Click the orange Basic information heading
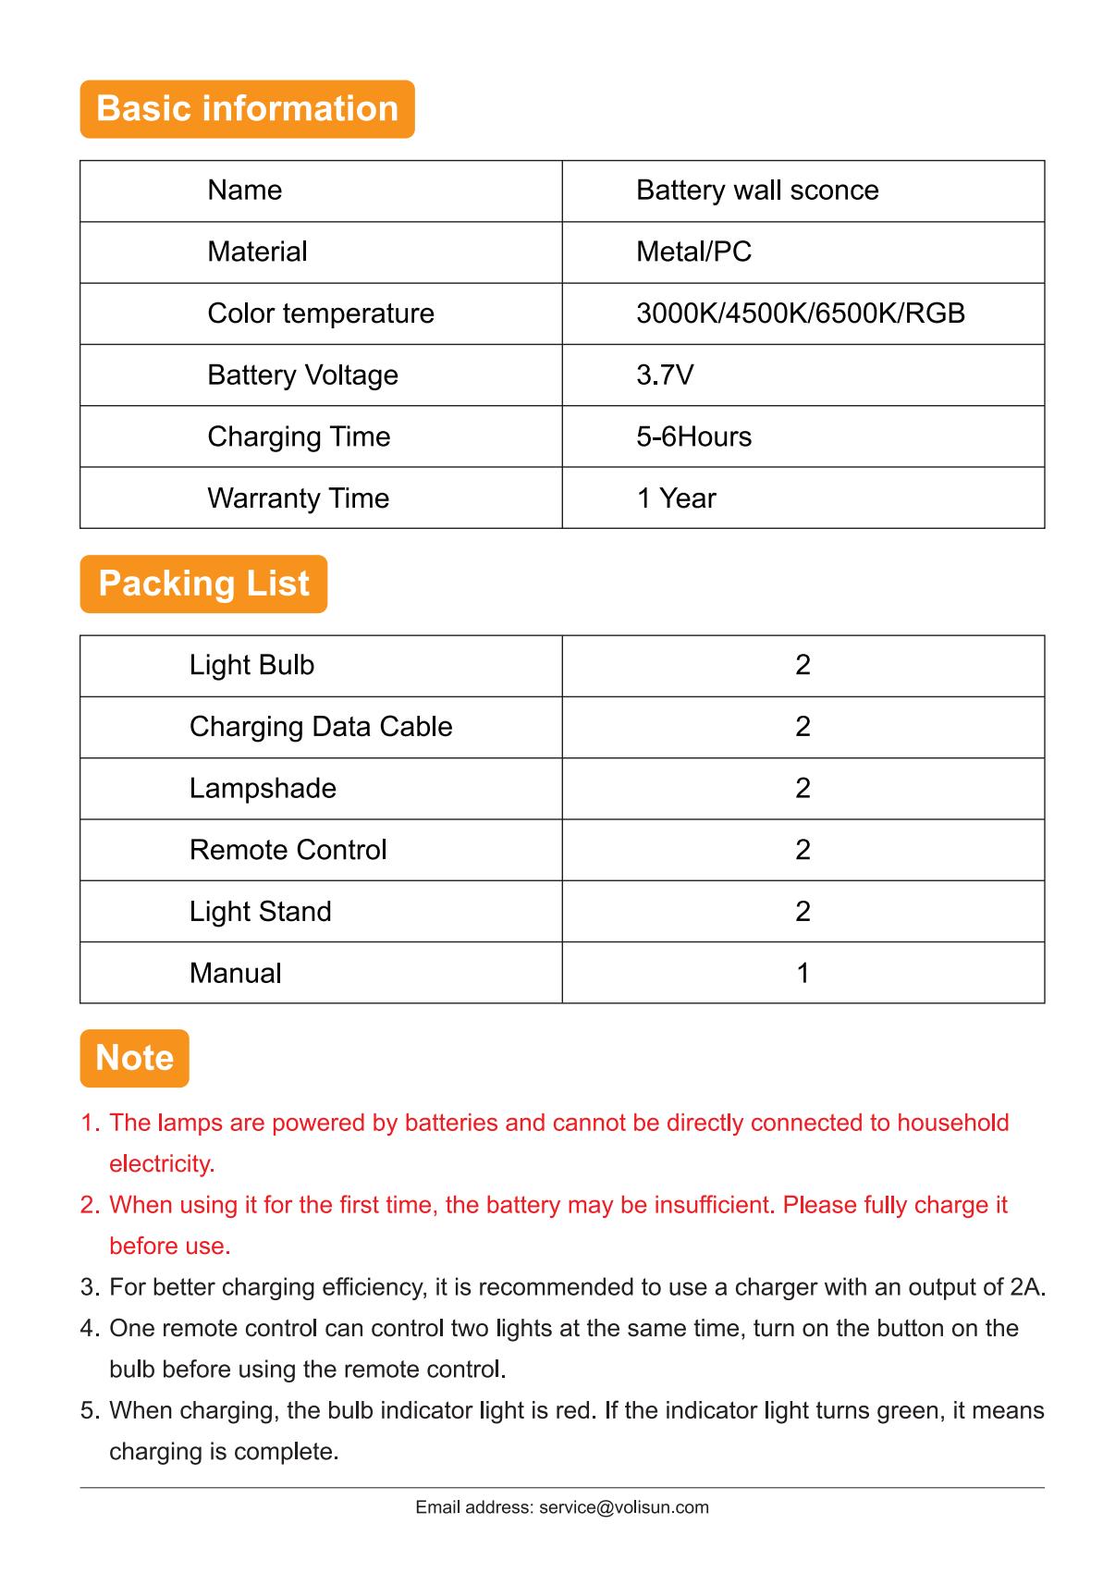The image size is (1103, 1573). (x=247, y=109)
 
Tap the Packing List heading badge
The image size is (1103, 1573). (x=203, y=584)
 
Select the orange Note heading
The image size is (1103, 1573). (x=134, y=1058)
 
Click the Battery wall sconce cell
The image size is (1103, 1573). (x=757, y=190)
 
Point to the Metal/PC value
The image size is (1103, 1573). (x=693, y=252)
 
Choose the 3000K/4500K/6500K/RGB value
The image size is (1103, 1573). (x=800, y=313)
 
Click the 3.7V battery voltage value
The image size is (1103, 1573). (x=665, y=375)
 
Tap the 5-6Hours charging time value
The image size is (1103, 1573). (x=693, y=436)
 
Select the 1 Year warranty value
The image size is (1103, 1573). (x=676, y=498)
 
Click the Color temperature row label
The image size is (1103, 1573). (x=320, y=313)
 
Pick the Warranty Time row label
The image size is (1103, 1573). (x=298, y=498)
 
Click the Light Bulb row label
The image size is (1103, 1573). (x=251, y=665)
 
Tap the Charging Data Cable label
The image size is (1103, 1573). (x=320, y=727)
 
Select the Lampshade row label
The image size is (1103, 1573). (x=263, y=788)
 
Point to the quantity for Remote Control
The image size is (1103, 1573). (x=803, y=850)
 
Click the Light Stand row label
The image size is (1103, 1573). (x=260, y=912)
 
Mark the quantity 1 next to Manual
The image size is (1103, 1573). (x=803, y=973)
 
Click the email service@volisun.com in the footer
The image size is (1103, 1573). (x=623, y=1507)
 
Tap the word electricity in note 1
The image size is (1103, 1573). (x=161, y=1163)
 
